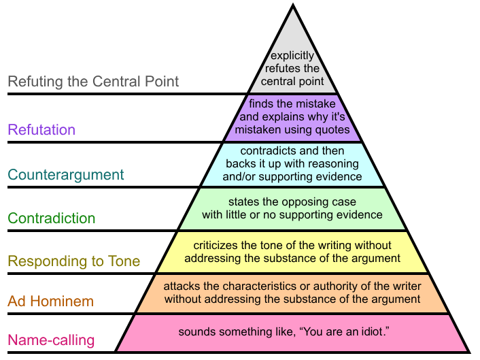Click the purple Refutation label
pos(41,129)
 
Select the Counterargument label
pos(66,175)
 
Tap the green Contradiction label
pos(52,218)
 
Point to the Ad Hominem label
pos(50,301)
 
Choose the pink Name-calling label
pos(51,340)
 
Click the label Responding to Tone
pos(74,261)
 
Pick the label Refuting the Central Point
pos(93,82)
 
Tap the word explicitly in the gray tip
pos(292,56)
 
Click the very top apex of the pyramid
pos(293,4)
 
